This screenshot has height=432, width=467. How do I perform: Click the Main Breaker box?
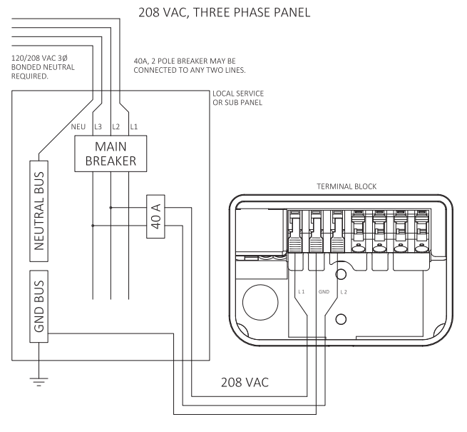click(111, 153)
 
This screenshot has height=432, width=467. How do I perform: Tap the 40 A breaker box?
click(155, 216)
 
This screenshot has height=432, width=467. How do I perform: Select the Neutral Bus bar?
click(41, 207)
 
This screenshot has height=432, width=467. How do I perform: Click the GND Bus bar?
click(41, 308)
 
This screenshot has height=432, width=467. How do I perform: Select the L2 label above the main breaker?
click(116, 126)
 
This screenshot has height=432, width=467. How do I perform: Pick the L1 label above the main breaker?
click(134, 126)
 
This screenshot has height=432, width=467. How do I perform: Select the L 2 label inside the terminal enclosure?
click(344, 291)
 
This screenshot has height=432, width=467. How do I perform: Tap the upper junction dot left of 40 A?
click(111, 208)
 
